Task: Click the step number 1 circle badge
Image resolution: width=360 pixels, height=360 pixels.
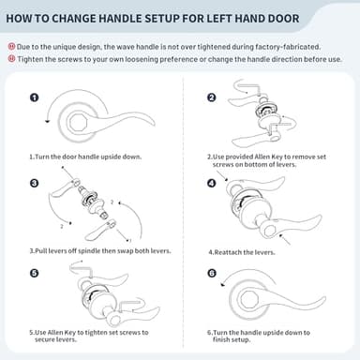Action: (35, 97)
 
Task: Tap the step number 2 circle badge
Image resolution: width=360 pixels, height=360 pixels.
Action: (212, 97)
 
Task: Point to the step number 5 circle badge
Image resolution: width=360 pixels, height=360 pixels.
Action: (35, 274)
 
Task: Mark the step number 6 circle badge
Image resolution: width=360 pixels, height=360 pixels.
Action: (212, 274)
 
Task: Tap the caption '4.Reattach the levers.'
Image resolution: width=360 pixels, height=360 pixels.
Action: (241, 251)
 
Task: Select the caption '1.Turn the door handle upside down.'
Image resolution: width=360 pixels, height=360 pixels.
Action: (86, 156)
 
